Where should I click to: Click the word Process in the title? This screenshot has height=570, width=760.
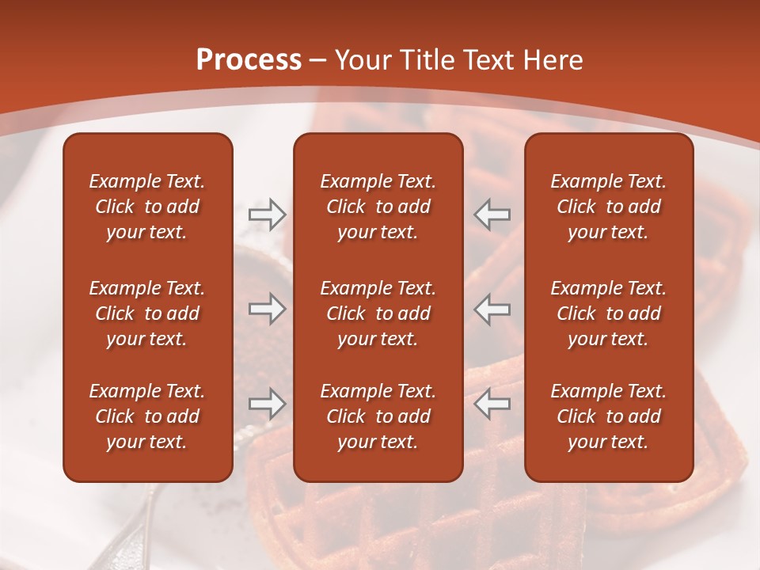(249, 60)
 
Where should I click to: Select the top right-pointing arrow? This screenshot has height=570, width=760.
(267, 215)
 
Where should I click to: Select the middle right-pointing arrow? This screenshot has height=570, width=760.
(267, 309)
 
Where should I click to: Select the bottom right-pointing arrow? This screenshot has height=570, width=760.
(267, 404)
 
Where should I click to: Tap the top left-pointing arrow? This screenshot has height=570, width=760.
(492, 215)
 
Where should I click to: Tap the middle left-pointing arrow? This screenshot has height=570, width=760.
(492, 309)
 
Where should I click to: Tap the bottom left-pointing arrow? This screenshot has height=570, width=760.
(492, 404)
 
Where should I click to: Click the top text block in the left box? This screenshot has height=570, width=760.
(147, 207)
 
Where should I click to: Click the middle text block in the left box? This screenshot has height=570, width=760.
(147, 313)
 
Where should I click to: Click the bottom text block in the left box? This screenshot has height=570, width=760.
(147, 416)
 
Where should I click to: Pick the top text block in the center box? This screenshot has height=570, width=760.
(378, 207)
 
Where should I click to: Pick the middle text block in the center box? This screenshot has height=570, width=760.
(378, 313)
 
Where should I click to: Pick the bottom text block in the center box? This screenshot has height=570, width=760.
(378, 416)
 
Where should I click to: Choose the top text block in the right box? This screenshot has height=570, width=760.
(608, 207)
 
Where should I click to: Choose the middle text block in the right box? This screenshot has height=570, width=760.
(608, 313)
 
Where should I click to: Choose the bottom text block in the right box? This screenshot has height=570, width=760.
(608, 416)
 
